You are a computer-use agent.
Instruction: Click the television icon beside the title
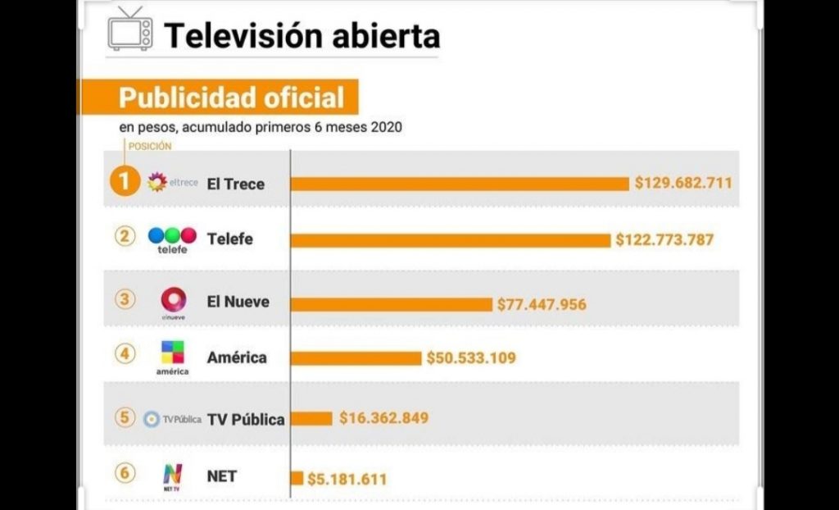click(x=130, y=30)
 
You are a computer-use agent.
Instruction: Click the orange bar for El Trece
click(x=460, y=184)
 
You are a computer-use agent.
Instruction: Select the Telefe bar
click(x=451, y=240)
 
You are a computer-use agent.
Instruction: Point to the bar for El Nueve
click(x=392, y=304)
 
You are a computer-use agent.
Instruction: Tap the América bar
click(x=356, y=358)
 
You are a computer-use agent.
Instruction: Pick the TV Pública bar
click(x=312, y=418)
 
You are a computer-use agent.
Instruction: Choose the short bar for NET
click(x=297, y=478)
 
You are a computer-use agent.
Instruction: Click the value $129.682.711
click(x=683, y=183)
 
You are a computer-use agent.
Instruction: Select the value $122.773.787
click(x=664, y=240)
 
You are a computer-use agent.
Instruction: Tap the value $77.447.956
click(x=542, y=304)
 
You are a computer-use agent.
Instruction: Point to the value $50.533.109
click(x=471, y=358)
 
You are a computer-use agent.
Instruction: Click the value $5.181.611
click(x=347, y=479)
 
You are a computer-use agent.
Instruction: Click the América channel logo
click(x=172, y=354)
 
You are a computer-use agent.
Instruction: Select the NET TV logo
click(x=172, y=475)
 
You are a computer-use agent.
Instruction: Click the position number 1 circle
click(x=125, y=182)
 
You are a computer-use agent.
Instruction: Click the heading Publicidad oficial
click(x=231, y=98)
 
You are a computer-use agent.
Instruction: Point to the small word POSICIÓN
click(x=151, y=146)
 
